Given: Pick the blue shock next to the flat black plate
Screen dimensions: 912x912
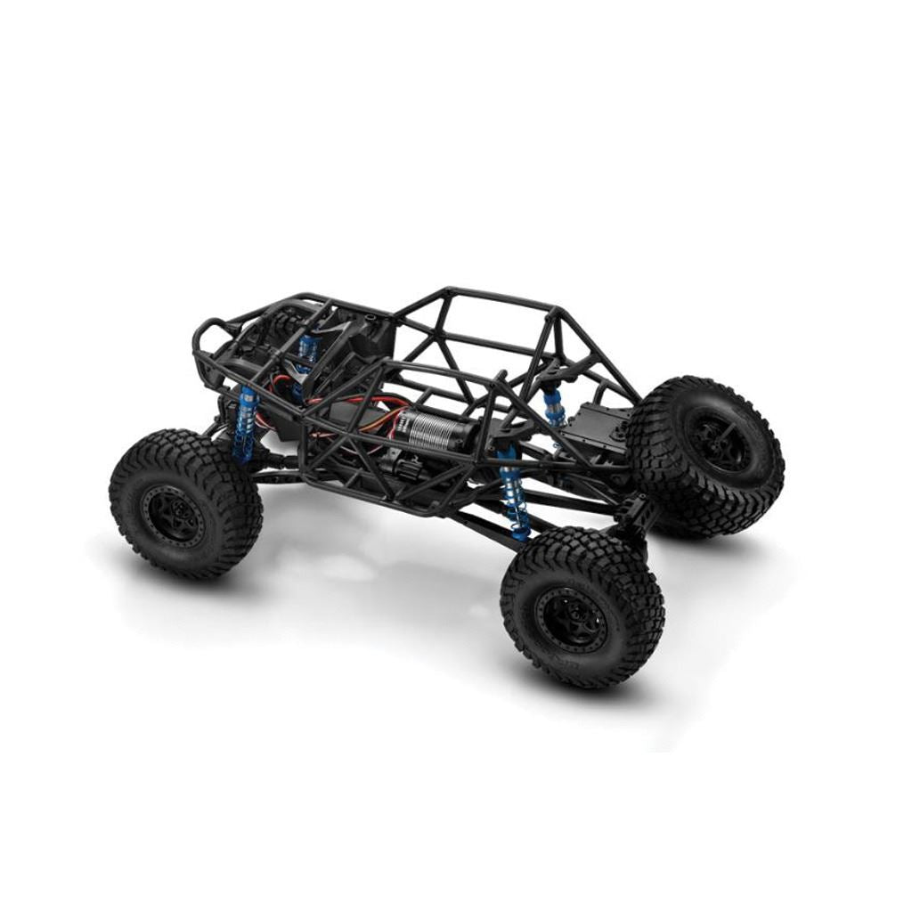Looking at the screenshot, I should point(554,406).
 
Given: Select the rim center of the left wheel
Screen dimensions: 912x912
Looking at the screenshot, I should point(175,515).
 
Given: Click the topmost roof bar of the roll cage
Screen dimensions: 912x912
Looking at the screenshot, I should point(499,298).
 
